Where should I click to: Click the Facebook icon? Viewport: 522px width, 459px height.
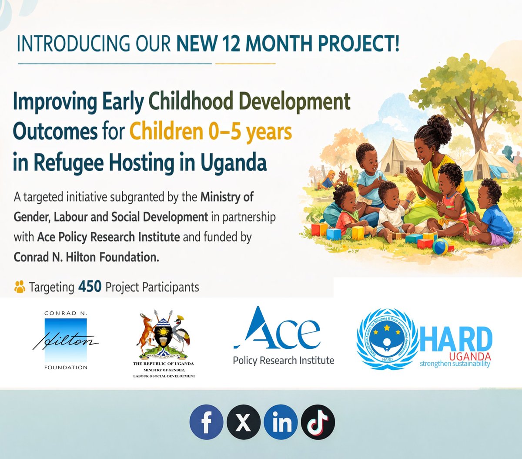(206, 422)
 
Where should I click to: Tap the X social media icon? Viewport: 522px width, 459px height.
(244, 422)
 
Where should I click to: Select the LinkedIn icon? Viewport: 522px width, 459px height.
(281, 422)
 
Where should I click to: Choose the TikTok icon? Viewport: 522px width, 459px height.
(318, 422)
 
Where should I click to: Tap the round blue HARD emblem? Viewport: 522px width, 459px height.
(386, 340)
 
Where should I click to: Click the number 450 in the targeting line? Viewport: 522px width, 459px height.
(90, 287)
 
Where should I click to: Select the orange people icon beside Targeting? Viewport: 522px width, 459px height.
(20, 287)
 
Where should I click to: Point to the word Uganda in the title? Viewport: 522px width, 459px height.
(234, 163)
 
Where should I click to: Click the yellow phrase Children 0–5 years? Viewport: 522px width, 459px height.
(211, 132)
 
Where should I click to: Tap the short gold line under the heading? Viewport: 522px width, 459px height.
(245, 64)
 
